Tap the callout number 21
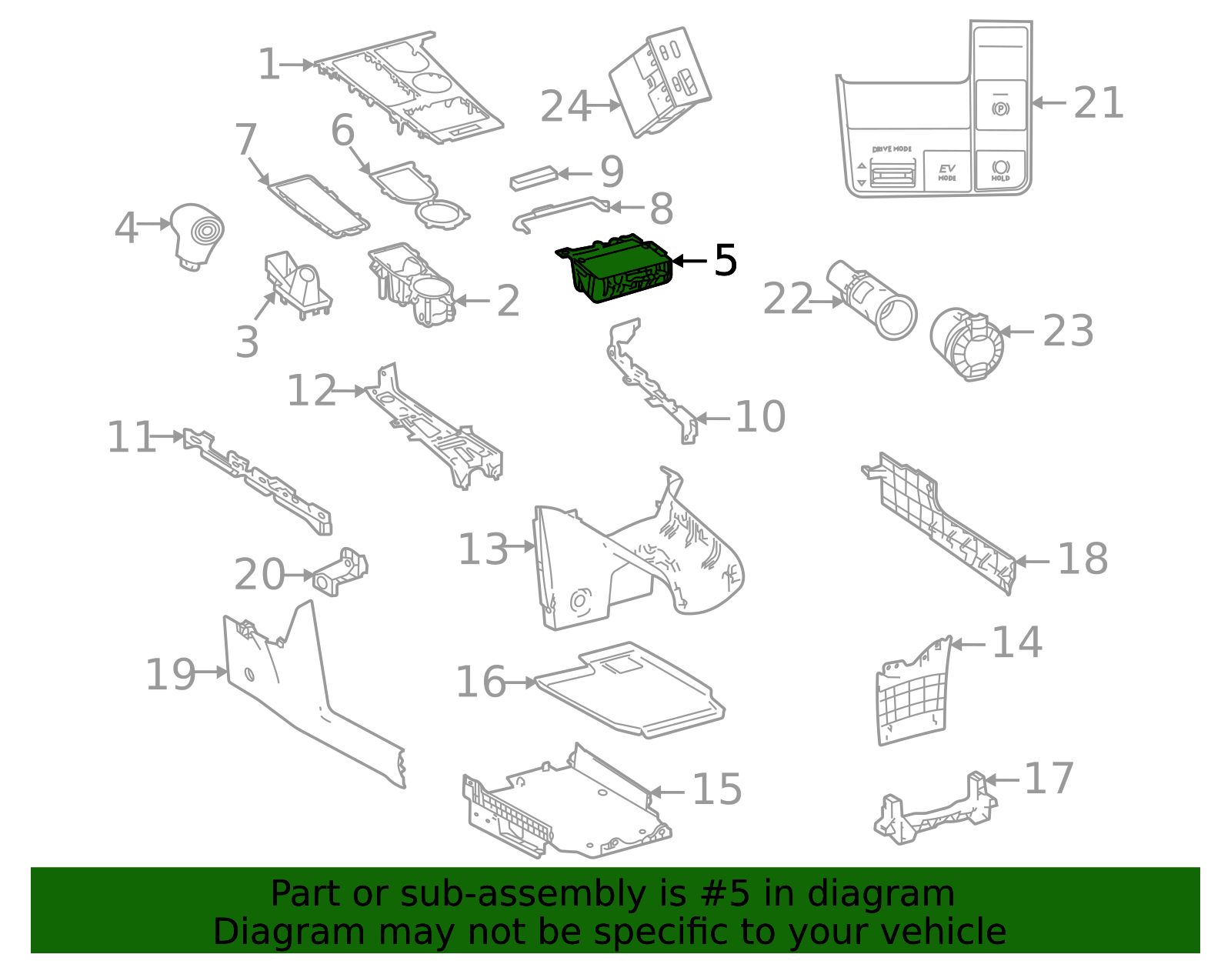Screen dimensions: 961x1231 pyautogui.click(x=1098, y=102)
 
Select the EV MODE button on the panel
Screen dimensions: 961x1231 pyautogui.click(x=947, y=172)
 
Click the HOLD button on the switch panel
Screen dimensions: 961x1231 pyautogui.click(x=1000, y=170)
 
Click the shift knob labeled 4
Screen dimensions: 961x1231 pyautogui.click(x=197, y=233)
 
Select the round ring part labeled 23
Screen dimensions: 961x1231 pyautogui.click(x=966, y=343)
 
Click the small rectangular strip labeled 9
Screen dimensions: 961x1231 pyautogui.click(x=532, y=179)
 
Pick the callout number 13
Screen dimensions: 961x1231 pyautogui.click(x=483, y=549)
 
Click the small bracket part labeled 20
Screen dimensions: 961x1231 pyautogui.click(x=341, y=572)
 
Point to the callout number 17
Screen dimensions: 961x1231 pyautogui.click(x=1049, y=779)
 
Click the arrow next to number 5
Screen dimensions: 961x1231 pyautogui.click(x=689, y=262)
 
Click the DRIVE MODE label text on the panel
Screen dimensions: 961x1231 pyautogui.click(x=892, y=149)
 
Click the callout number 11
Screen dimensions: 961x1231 pyautogui.click(x=131, y=437)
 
